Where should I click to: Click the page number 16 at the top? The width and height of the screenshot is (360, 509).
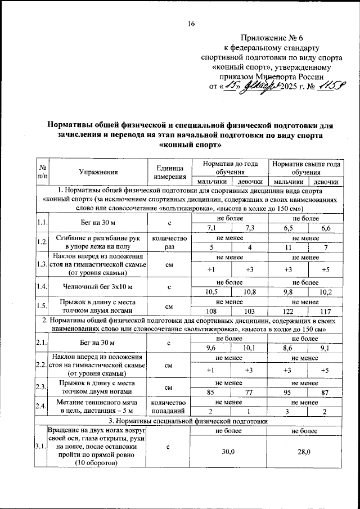coord(191,23)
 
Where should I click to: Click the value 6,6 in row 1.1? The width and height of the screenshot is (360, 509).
coord(326,228)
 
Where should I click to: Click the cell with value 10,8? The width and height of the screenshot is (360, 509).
coord(249,292)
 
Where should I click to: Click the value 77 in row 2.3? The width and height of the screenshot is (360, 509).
coord(249,392)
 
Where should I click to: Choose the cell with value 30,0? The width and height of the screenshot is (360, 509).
coord(229,452)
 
